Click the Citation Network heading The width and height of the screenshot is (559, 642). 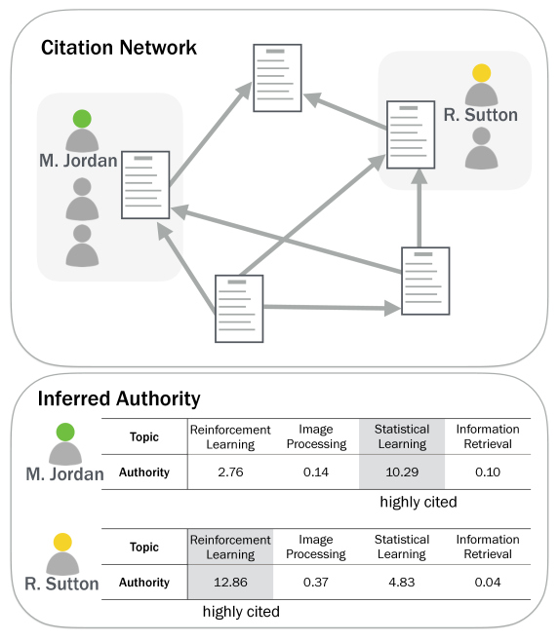point(118,48)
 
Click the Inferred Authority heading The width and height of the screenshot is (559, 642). point(119,398)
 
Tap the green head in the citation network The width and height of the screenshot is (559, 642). point(82,119)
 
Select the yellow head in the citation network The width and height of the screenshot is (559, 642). point(482,73)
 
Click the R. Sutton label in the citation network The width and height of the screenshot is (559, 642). point(480,115)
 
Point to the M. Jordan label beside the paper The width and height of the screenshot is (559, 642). point(78,161)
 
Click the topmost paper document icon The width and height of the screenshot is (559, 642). point(277,78)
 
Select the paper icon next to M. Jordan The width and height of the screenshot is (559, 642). point(145,185)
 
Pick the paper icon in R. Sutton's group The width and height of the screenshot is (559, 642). point(411,134)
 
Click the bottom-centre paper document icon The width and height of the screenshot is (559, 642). point(239,309)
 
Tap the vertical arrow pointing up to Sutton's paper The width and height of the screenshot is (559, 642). point(419,208)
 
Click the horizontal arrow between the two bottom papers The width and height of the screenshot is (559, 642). point(332,308)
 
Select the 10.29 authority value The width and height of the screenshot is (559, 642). point(402,472)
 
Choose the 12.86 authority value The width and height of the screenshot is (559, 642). point(230,583)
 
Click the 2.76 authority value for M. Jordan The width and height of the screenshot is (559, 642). point(230,472)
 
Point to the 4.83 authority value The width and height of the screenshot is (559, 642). point(402,583)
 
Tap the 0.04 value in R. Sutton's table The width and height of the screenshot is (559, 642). point(488,583)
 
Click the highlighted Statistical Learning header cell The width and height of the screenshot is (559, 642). point(402,436)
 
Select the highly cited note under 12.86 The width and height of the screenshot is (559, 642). point(241,612)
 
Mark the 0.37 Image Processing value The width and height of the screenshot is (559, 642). point(316,583)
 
